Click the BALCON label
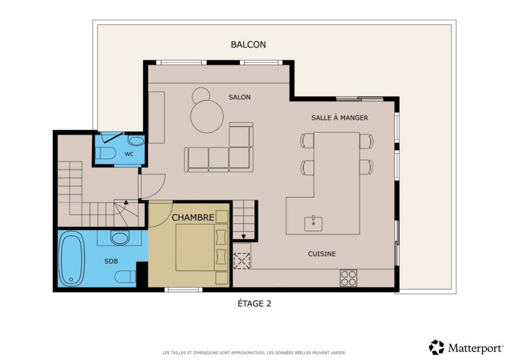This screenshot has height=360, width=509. (248, 45)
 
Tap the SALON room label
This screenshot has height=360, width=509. (239, 97)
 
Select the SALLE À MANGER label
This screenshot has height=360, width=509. (339, 118)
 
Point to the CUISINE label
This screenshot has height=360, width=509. (322, 254)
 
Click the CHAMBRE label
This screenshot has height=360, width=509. (193, 218)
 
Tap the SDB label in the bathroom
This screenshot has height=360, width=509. (111, 261)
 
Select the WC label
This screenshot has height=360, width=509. (129, 154)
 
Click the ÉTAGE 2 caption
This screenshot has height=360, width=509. (254, 303)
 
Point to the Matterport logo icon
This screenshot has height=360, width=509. (436, 347)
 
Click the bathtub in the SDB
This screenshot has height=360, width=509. (72, 259)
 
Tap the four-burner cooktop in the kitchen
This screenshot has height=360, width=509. (348, 279)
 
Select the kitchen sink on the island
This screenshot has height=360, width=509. (313, 223)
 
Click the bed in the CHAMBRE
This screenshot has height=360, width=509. (201, 248)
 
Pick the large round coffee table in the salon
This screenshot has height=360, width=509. (207, 116)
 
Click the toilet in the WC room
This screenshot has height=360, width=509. (106, 153)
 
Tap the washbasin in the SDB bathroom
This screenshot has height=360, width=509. (120, 237)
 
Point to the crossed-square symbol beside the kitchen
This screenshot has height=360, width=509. (242, 261)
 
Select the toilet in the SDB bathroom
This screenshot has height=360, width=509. (125, 277)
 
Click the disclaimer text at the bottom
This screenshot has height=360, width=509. (254, 352)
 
